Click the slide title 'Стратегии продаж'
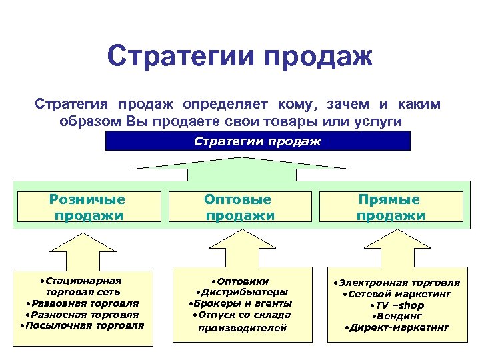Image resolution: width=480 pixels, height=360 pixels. pos(239,57)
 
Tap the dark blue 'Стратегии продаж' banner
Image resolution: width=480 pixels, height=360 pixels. pos(258,141)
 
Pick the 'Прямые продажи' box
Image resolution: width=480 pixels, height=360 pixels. pos(390,207)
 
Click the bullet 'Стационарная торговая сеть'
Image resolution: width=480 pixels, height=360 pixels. pos(83,286)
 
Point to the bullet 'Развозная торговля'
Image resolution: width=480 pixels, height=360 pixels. pos(83,303)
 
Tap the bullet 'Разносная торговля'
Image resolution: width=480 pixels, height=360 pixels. pos(83,314)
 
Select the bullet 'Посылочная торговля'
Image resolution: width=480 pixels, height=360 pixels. pos(83,325)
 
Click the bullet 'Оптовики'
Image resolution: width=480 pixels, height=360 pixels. pos(241,281)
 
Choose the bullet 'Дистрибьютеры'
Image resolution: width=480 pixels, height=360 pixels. pos(242,292)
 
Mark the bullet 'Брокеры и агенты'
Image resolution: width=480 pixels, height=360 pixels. pos(241,303)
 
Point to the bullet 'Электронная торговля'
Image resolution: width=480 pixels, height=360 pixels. pos(397,283)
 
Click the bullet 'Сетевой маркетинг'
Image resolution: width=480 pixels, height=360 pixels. pos(397,294)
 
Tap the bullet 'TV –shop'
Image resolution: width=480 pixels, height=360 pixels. pos(397,305)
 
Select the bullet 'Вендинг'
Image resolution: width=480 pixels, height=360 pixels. pos(397,316)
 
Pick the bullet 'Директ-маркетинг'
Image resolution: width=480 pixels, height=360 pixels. pos(397,327)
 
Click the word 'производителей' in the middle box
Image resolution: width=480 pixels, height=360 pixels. pos(243,327)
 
